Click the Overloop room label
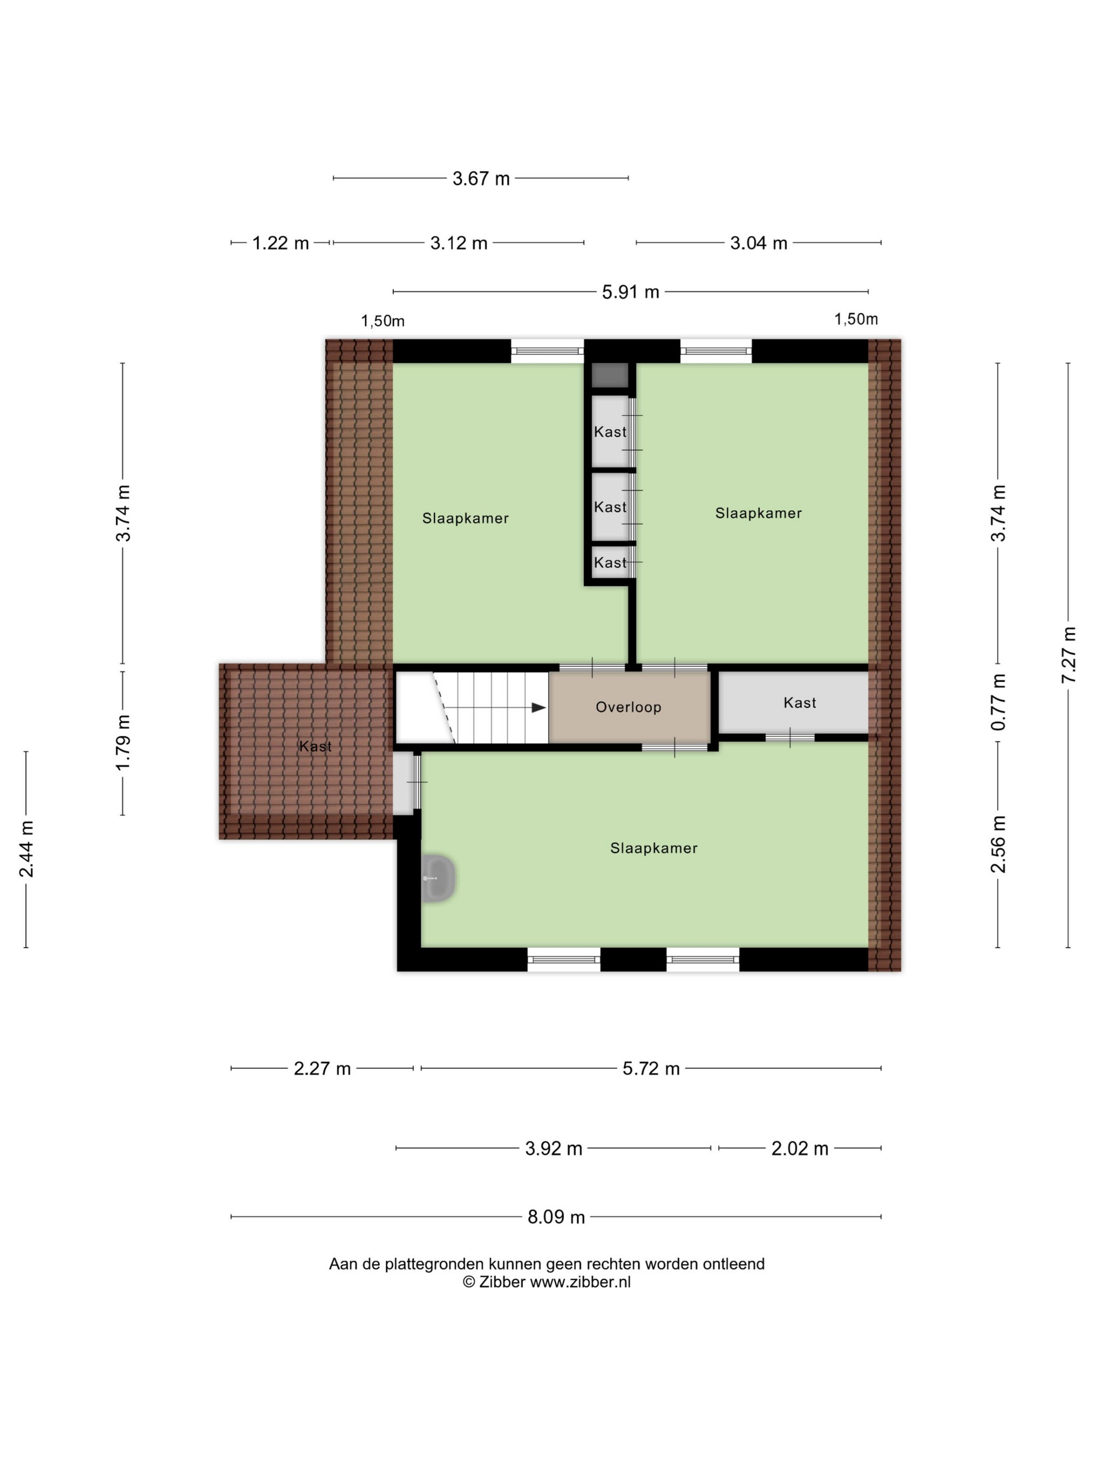coord(628,707)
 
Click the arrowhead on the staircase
coord(539,707)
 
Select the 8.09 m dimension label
coord(556,1217)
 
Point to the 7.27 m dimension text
coord(1068,655)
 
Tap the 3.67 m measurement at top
coord(481,178)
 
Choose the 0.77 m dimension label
coord(998,702)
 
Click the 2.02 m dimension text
coord(800,1148)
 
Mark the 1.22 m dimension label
coord(280,243)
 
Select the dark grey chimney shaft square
coord(610,375)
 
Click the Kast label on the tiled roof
coord(315,746)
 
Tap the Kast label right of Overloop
coord(800,702)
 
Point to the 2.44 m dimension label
coord(27,849)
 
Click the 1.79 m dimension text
coord(122,742)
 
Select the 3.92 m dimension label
coord(553,1148)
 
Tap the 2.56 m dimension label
coord(998,844)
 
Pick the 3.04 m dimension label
coord(759,243)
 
